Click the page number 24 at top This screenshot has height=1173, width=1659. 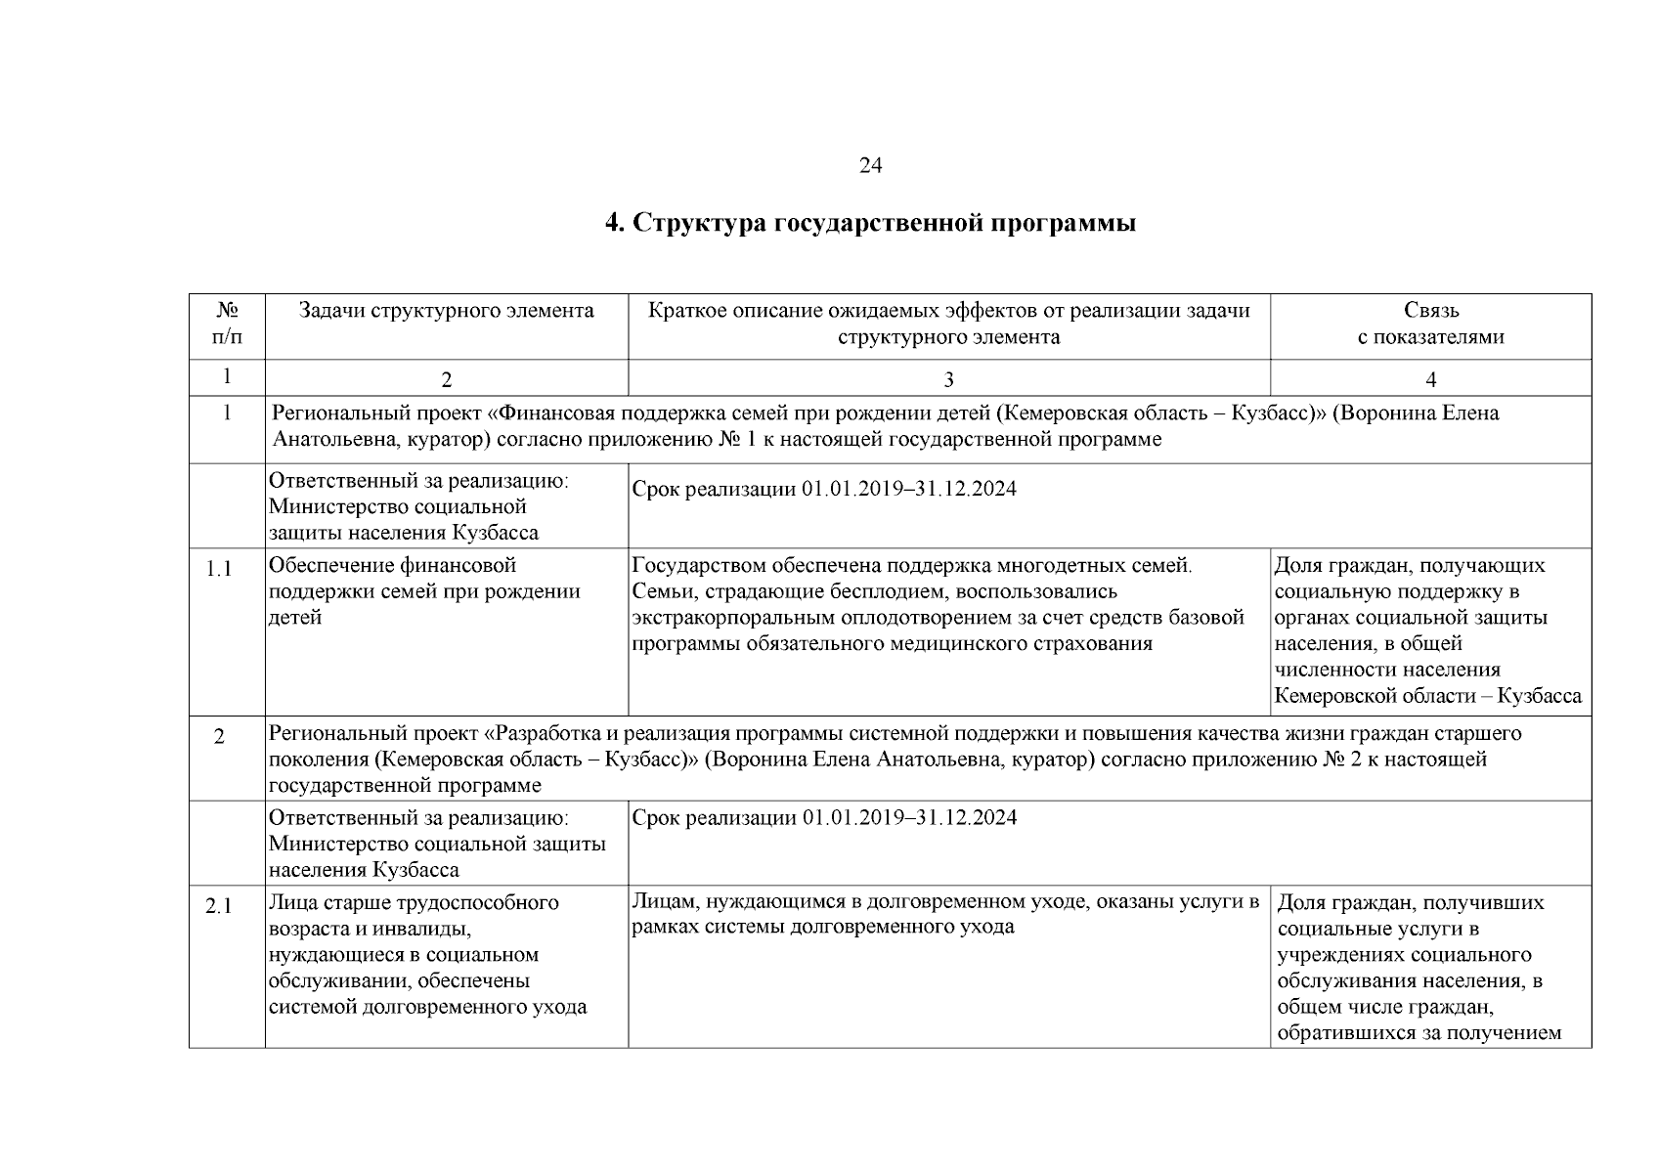tap(870, 166)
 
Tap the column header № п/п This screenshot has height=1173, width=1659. tap(227, 324)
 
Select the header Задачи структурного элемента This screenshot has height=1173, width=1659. tap(446, 311)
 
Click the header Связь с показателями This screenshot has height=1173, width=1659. tap(1430, 324)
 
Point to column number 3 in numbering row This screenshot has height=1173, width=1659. tap(947, 379)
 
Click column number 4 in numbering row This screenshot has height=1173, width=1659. tap(1430, 379)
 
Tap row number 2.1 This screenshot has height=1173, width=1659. tap(219, 906)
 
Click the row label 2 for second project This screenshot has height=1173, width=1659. tap(219, 737)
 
